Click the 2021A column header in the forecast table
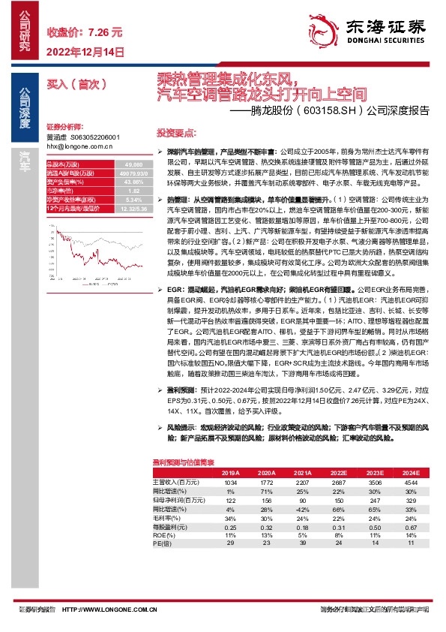301,472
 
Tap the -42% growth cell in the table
301,510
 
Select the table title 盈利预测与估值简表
184,462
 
